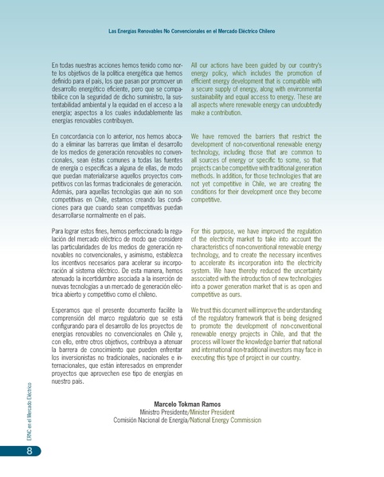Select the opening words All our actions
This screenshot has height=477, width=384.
click(210, 63)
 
